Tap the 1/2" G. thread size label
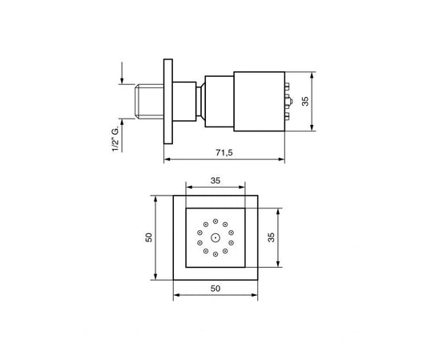click(117, 137)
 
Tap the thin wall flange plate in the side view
click(167, 102)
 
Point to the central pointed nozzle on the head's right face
click(287, 102)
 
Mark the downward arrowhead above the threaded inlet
click(122, 81)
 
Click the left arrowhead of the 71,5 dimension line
click(167, 160)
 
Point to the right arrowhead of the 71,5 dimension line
click(282, 160)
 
